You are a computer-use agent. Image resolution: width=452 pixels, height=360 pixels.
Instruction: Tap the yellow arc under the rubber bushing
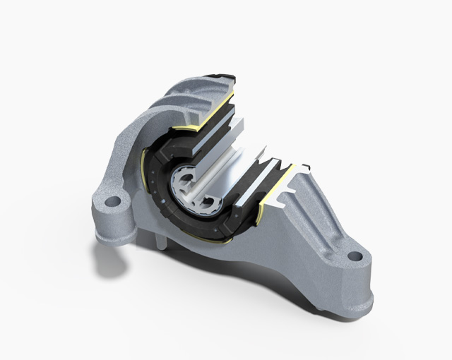coord(205,239)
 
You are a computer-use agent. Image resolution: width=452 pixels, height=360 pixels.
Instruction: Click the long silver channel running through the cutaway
coord(226,169)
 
